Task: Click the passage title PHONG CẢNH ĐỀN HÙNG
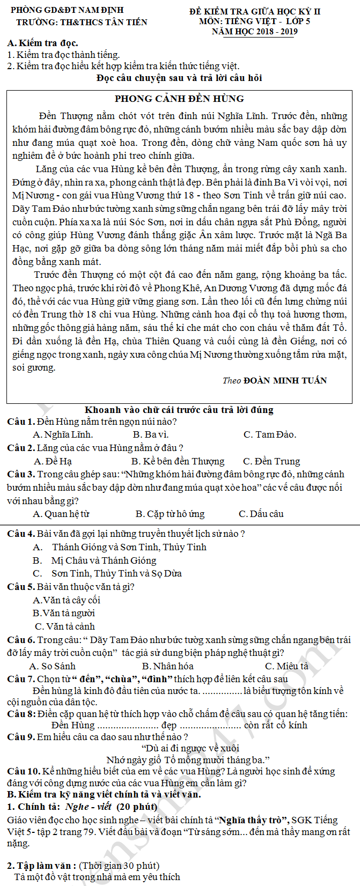pyautogui.click(x=179, y=99)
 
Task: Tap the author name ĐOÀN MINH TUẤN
pyautogui.click(x=285, y=380)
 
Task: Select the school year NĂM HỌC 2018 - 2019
pyautogui.click(x=254, y=32)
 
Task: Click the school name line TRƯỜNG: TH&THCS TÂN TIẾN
pyautogui.click(x=82, y=22)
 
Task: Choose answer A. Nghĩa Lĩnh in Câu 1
pyautogui.click(x=63, y=434)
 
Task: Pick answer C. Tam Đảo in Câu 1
pyautogui.click(x=269, y=434)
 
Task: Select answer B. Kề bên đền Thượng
pyautogui.click(x=178, y=461)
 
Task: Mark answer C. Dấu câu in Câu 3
pyautogui.click(x=261, y=514)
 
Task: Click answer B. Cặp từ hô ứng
pyautogui.click(x=170, y=514)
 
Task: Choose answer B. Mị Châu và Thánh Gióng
pyautogui.click(x=94, y=560)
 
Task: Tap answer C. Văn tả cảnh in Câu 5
pyautogui.click(x=64, y=626)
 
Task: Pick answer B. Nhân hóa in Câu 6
pyautogui.click(x=167, y=666)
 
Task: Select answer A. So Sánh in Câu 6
pyautogui.click(x=52, y=666)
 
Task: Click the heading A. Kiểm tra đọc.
pyautogui.click(x=43, y=43)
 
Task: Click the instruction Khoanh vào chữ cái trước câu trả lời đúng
pyautogui.click(x=179, y=410)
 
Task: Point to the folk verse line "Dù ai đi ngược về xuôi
pyautogui.click(x=190, y=748)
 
